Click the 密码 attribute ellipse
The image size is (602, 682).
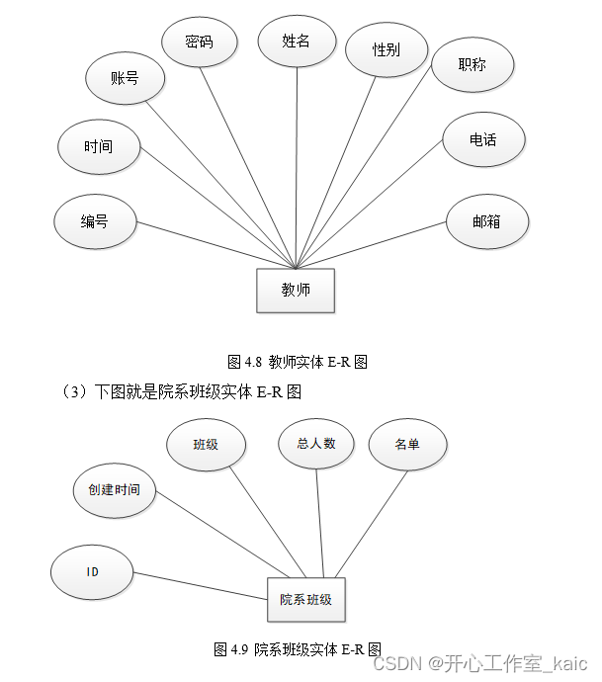pos(199,43)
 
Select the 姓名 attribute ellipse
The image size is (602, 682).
pos(297,42)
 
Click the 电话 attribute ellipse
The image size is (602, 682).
pos(482,140)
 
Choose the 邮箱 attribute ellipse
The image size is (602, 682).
pos(486,222)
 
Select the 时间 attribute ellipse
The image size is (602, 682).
pos(98,147)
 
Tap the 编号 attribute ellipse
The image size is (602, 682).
pos(94,222)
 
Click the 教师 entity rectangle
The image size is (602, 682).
pos(296,291)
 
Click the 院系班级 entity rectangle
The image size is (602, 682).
pos(305,600)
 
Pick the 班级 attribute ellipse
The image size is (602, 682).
pos(206,445)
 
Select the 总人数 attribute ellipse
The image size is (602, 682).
pos(315,444)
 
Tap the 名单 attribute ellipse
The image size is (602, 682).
pos(407,446)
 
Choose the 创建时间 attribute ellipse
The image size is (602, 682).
pos(114,490)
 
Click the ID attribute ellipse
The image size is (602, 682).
pos(92,571)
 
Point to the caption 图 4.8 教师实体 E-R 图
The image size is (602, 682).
pos(298,362)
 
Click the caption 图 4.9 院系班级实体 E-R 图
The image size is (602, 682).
pos(298,649)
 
